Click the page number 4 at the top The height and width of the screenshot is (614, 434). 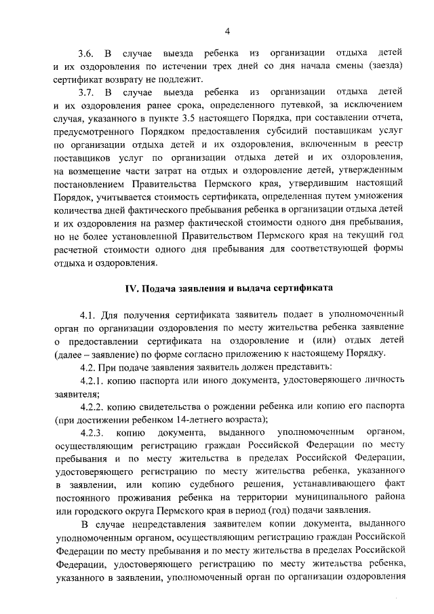(x=228, y=31)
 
